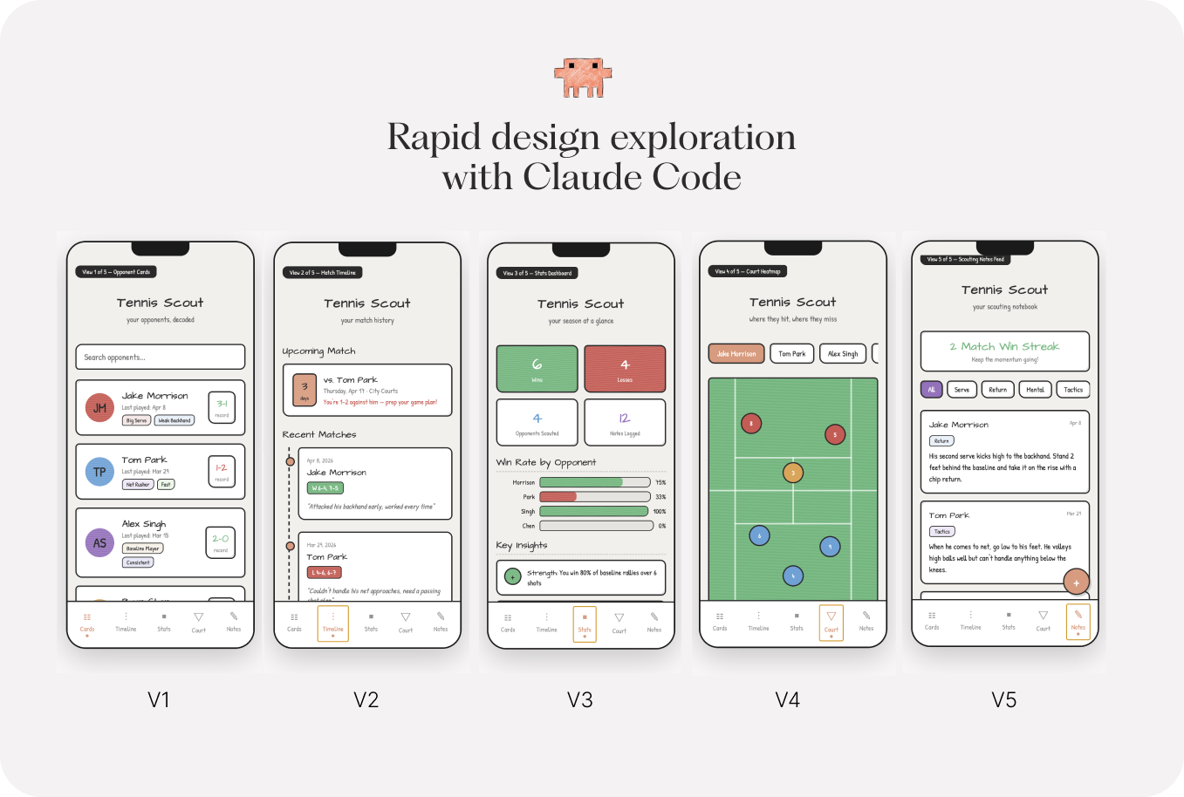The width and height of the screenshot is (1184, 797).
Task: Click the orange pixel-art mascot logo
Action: click(x=583, y=78)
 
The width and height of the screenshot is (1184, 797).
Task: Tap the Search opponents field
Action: click(x=160, y=357)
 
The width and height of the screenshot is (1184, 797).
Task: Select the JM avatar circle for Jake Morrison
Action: click(x=99, y=407)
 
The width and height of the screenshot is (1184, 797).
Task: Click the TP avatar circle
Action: click(x=99, y=472)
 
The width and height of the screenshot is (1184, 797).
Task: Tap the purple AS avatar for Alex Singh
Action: click(x=99, y=542)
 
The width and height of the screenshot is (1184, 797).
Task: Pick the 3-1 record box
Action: click(x=222, y=407)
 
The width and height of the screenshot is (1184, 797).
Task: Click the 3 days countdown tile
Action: click(x=305, y=390)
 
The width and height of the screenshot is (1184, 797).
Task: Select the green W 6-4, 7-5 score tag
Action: click(x=325, y=487)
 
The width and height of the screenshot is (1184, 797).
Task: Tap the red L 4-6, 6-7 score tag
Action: click(x=324, y=572)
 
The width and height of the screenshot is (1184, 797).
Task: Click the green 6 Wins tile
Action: click(x=537, y=368)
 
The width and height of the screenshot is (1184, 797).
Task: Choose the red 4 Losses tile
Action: click(x=625, y=368)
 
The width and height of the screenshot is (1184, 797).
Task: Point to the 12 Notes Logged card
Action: click(x=625, y=422)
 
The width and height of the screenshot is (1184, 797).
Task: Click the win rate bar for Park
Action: click(x=595, y=496)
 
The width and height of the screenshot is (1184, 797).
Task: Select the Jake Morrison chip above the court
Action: click(x=736, y=353)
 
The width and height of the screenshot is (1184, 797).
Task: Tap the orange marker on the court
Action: click(x=792, y=473)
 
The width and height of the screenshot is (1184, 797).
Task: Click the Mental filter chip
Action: click(x=1035, y=389)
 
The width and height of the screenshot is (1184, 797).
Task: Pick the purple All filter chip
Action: click(x=931, y=389)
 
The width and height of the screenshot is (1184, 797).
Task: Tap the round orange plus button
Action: click(x=1076, y=582)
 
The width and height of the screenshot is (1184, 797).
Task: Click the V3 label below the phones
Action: click(x=579, y=699)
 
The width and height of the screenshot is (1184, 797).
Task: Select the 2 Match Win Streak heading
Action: click(x=1004, y=346)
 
